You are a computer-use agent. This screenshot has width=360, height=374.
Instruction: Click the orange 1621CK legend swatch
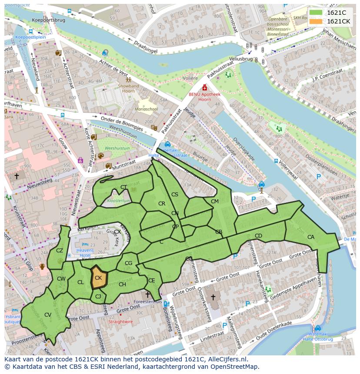tap(316, 21)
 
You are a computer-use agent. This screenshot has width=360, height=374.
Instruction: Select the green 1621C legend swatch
tap(316, 13)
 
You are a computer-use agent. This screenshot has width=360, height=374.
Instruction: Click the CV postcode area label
tap(48, 315)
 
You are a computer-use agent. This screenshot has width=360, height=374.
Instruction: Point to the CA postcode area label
tap(311, 237)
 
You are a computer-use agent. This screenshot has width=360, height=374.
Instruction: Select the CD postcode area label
tap(258, 236)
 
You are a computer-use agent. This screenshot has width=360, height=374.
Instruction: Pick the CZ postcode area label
tap(60, 251)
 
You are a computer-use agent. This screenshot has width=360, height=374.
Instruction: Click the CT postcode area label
tap(124, 188)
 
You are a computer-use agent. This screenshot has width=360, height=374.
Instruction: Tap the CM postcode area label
tap(214, 202)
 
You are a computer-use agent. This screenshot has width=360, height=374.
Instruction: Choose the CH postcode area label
tap(122, 285)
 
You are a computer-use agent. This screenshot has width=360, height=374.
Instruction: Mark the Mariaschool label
tap(146, 109)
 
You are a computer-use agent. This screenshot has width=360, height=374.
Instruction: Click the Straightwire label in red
tap(120, 322)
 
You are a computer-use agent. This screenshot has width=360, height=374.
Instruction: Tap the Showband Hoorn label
tap(129, 89)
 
